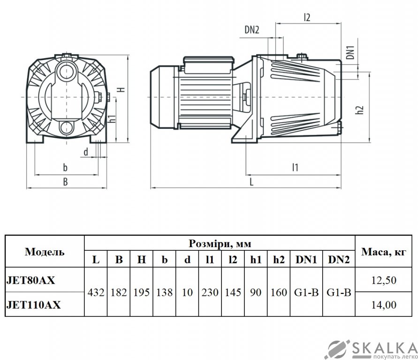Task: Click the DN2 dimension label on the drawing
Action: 251,30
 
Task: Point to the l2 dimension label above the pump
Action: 307,17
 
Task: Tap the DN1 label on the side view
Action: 351,52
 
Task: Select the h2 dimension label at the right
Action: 360,110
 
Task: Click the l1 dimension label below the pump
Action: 295,167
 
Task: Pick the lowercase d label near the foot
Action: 86,152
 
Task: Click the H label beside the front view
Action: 122,90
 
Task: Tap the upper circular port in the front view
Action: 66,71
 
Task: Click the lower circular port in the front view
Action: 66,128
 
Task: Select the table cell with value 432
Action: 96,292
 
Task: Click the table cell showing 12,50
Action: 384,280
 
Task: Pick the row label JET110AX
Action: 34,305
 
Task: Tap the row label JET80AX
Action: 30,280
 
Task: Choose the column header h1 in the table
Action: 256,260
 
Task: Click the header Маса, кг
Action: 384,252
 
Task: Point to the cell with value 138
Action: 165,292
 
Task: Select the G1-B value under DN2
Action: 339,292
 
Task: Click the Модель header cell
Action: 45,252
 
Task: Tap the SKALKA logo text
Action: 385,348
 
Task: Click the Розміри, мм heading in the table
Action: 220,243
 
